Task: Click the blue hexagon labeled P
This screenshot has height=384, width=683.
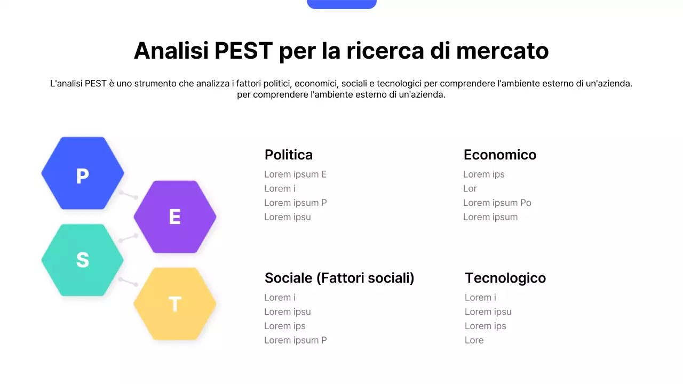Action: [x=83, y=173]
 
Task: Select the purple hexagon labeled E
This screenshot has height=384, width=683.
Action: [x=175, y=217]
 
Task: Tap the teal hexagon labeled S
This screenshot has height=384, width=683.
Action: [x=83, y=260]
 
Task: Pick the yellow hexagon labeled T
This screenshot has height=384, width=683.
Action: [x=175, y=303]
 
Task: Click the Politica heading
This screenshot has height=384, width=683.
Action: [x=289, y=155]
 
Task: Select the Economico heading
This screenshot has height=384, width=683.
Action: [x=500, y=155]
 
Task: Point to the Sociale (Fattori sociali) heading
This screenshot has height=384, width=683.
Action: [x=339, y=278]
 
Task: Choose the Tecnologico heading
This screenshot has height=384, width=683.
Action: [x=505, y=278]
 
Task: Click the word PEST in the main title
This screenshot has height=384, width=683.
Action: [x=244, y=51]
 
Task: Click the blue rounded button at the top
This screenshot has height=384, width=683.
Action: [x=341, y=4]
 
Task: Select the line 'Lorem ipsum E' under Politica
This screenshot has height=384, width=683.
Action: [x=295, y=174]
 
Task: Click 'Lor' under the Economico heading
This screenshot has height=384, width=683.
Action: [x=470, y=189]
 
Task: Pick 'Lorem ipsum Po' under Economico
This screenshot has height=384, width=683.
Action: [x=497, y=203]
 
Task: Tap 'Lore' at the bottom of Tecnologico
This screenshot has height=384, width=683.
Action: [x=474, y=340]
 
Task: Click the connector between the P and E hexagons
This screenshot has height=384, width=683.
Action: [x=129, y=195]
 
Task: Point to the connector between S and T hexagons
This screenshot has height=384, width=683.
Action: [x=129, y=282]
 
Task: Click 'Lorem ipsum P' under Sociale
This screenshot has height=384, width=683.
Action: [x=295, y=340]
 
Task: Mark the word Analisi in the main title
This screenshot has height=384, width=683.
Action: [x=171, y=51]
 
